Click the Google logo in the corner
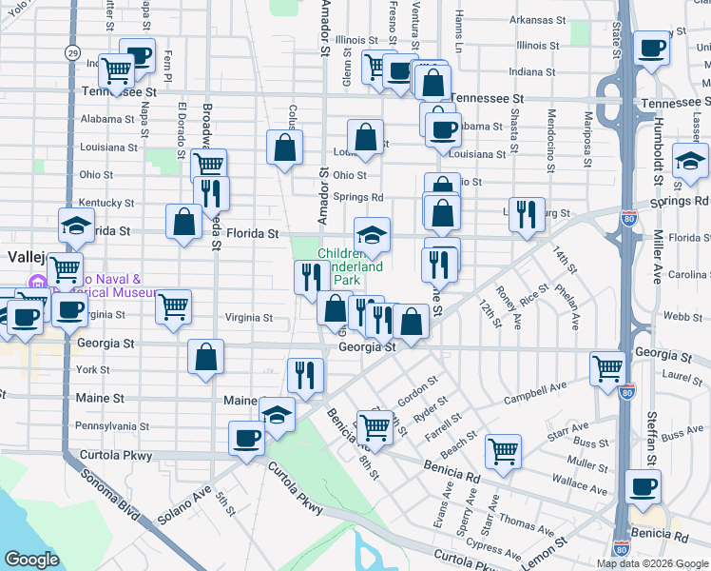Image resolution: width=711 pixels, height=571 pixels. (x=30, y=560)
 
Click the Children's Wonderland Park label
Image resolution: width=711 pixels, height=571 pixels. (x=351, y=267)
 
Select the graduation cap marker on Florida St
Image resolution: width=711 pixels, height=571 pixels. (x=373, y=235)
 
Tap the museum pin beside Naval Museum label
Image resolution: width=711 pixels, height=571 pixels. (x=38, y=284)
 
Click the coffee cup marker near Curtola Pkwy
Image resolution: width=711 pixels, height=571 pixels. (x=247, y=438)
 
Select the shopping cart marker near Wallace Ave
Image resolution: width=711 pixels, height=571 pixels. (x=503, y=451)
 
